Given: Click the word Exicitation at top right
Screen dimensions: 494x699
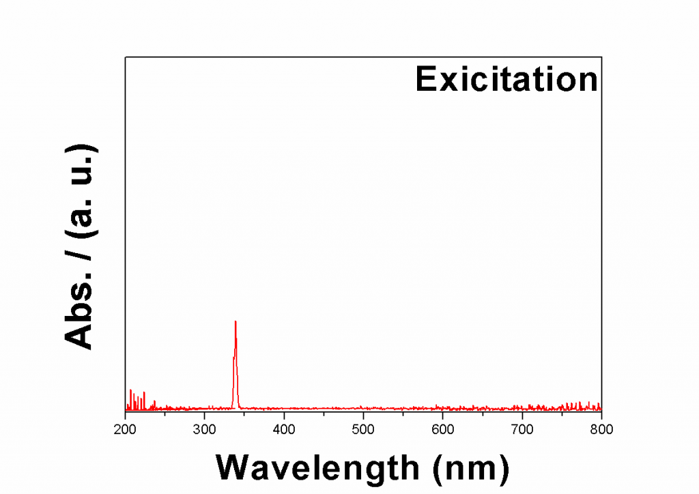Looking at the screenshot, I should [506, 80].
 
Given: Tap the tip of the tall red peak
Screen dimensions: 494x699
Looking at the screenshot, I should [236, 321].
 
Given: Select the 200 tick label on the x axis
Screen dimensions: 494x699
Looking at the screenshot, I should [125, 428].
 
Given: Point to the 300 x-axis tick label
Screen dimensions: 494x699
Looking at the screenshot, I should [205, 428].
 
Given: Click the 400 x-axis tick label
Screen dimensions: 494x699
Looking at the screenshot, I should [284, 428].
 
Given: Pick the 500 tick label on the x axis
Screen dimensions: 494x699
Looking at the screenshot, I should [363, 428].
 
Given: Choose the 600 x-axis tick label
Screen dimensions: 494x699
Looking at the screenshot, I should [442, 428].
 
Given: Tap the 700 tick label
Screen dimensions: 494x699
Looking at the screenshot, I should [522, 428].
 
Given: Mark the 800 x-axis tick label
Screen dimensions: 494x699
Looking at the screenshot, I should [601, 428].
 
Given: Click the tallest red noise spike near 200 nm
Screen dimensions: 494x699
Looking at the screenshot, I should [130, 391].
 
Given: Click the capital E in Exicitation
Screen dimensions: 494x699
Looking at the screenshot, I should [426, 80].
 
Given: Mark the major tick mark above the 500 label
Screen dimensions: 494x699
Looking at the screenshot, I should [363, 408].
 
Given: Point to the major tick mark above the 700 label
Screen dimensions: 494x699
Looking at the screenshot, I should [522, 408].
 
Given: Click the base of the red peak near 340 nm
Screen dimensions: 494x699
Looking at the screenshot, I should [236, 407].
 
